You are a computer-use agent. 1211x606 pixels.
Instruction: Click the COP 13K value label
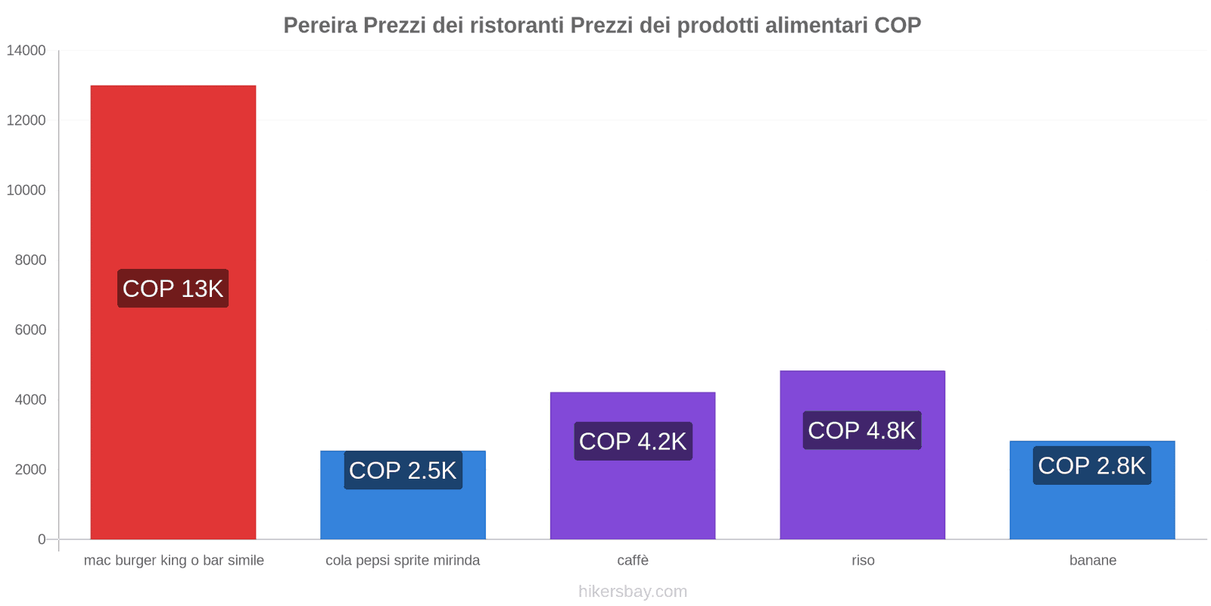[x=173, y=289]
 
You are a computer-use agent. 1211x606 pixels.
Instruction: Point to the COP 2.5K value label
[x=403, y=470]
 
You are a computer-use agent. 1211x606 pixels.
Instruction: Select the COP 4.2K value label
[x=633, y=441]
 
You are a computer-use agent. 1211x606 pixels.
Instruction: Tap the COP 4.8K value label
[x=862, y=430]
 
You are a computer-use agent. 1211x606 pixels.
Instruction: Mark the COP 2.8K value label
[x=1091, y=465]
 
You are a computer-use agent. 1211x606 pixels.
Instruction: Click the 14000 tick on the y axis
[x=26, y=51]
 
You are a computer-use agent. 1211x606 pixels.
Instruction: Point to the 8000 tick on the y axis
[x=30, y=260]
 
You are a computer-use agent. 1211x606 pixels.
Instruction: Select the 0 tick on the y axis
[x=42, y=539]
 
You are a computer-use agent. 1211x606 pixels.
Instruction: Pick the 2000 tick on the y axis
[x=30, y=470]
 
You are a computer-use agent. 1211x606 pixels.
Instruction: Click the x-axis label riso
[x=863, y=561]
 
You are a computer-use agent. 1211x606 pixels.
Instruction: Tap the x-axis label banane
[x=1092, y=561]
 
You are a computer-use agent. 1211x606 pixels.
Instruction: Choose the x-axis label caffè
[x=633, y=561]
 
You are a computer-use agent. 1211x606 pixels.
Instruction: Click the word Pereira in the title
[x=320, y=26]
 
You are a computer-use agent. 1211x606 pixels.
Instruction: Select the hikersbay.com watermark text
[x=633, y=592]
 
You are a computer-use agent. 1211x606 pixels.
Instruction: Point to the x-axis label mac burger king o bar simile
[x=173, y=561]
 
